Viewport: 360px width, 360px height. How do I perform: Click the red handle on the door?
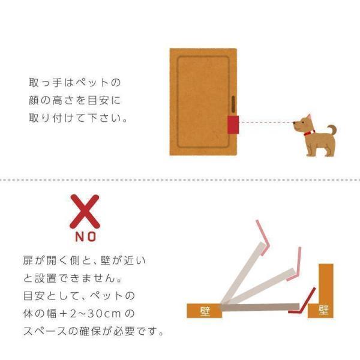point(233,125)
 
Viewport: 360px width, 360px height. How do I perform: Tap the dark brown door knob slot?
point(233,104)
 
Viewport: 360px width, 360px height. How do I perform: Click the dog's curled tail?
point(332,130)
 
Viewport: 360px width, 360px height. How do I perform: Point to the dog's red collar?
point(309,133)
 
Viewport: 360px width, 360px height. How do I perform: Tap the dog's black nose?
point(295,123)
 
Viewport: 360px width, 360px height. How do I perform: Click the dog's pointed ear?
point(309,117)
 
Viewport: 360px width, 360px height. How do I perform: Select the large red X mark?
point(85,211)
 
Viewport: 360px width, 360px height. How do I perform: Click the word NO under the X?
point(86,236)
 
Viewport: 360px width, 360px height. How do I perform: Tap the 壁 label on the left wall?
point(205,311)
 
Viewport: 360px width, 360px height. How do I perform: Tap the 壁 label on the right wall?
point(324,310)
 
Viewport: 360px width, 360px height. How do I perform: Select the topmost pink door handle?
point(263,238)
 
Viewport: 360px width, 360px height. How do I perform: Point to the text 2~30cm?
point(95,314)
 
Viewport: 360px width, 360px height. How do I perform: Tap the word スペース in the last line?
point(46,332)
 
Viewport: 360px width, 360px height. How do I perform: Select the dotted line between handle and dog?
point(266,122)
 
